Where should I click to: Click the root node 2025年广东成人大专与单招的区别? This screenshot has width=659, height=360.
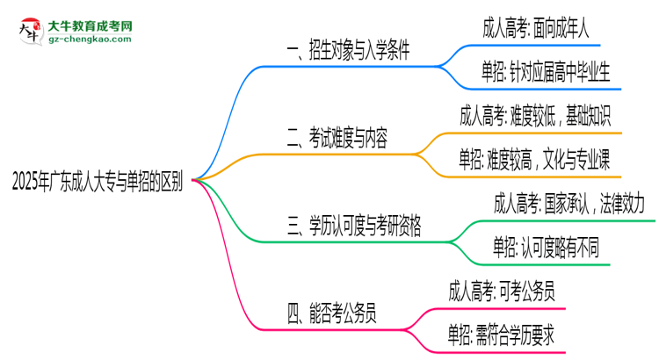98,181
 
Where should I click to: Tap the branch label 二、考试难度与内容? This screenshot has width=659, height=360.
337,138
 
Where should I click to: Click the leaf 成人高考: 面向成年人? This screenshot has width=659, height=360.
536,28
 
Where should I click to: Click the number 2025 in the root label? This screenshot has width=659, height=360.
27,181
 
